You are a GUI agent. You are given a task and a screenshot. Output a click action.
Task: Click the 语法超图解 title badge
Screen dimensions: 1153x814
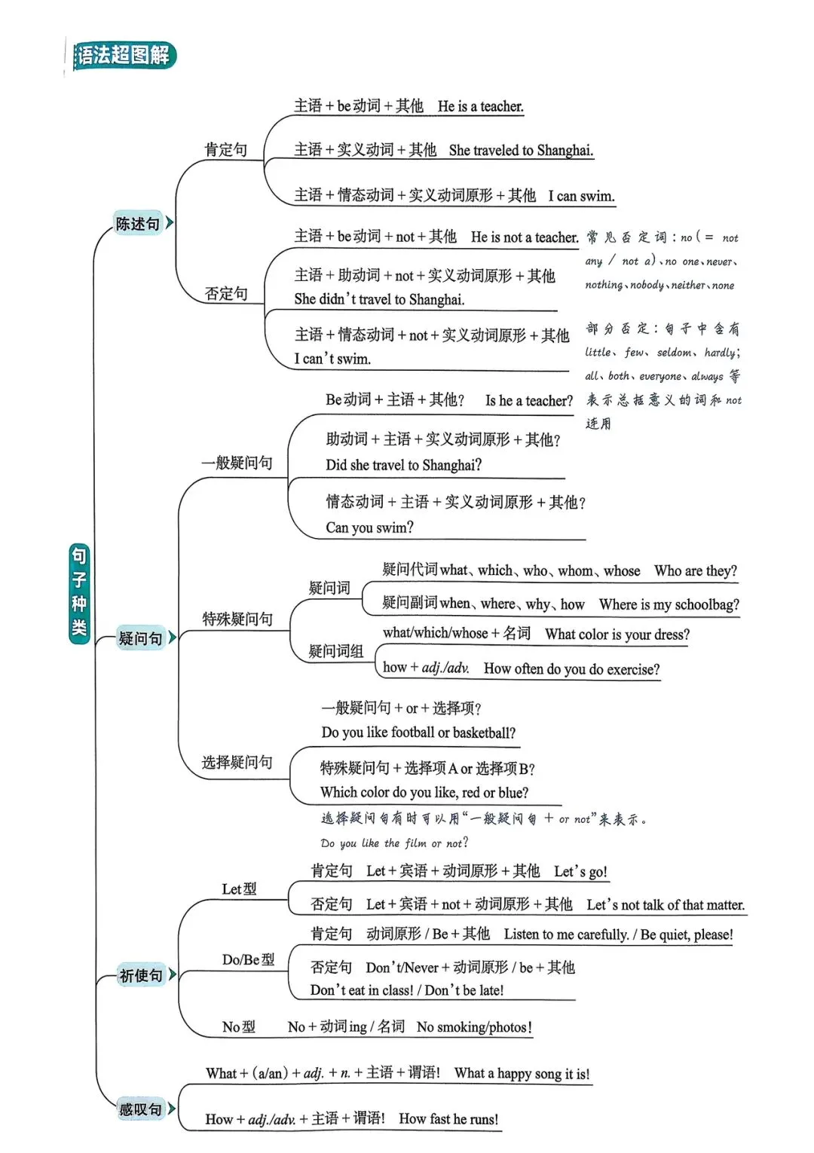(124, 56)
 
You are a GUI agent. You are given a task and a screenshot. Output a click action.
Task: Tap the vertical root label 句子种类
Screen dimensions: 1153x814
(79, 593)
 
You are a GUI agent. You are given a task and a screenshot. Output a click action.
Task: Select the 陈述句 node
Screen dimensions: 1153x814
(138, 223)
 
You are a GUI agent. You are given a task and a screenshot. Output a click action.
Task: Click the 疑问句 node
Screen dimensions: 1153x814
(141, 638)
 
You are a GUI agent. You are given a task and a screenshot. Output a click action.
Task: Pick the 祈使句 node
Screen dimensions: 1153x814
(141, 975)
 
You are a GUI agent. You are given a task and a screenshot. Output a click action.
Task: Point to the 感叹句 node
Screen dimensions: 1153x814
(141, 1109)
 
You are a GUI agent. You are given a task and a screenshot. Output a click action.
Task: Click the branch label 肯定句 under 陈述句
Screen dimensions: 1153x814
(226, 150)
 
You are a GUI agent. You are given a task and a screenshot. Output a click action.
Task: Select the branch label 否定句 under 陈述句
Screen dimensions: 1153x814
(226, 293)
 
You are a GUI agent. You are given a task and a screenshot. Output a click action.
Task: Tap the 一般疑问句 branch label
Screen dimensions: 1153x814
(237, 463)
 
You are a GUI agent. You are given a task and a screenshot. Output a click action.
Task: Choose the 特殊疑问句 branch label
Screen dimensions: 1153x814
(237, 619)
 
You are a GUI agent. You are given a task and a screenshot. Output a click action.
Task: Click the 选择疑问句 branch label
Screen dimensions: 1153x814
(237, 762)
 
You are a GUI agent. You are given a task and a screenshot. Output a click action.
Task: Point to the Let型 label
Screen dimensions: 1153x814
(239, 889)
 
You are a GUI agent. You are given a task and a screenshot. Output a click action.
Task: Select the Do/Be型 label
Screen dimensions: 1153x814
(248, 959)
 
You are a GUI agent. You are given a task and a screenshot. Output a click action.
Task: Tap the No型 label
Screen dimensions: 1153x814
(238, 1026)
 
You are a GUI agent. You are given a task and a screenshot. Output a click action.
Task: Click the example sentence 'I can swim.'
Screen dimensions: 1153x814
(580, 196)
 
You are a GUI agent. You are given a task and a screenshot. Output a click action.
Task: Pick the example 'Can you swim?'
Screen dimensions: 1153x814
(369, 528)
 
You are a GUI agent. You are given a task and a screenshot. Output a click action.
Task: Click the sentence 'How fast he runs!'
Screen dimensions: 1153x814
(448, 1119)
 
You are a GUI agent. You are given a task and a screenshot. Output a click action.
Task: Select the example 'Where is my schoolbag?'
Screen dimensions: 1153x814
(669, 604)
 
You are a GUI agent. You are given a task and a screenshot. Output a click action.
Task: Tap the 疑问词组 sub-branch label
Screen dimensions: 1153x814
(336, 651)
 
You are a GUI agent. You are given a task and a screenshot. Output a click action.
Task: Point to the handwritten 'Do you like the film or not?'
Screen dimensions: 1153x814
(394, 843)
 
